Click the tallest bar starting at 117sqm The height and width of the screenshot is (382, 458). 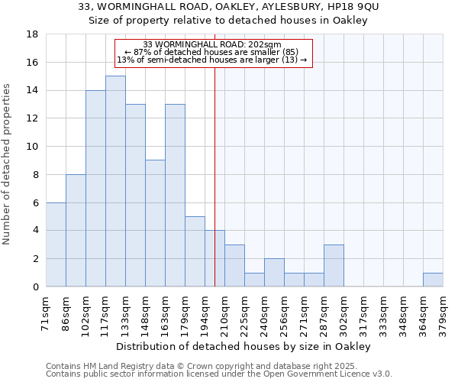[x=115, y=181]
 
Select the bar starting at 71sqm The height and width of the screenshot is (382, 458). [x=56, y=244]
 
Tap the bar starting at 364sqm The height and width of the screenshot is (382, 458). [x=433, y=280]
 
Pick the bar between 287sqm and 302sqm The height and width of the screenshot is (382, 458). [x=334, y=266]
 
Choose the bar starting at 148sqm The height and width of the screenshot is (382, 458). [x=155, y=223]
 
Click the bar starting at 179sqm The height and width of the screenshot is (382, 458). [x=195, y=251]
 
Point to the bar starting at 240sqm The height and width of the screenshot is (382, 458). [x=274, y=273]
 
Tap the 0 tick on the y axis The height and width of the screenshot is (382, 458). [x=34, y=286]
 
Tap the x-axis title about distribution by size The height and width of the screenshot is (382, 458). [x=244, y=346]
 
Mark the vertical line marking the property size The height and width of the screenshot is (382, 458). [x=214, y=176]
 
